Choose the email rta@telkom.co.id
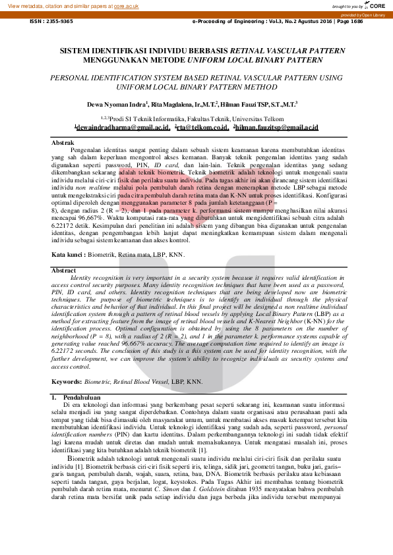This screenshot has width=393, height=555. pos(202,127)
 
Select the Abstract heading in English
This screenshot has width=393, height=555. pos(64,270)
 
